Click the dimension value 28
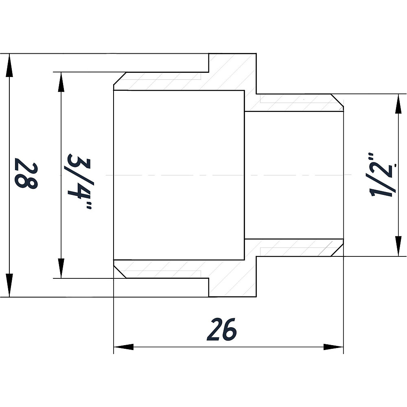coord(26,174)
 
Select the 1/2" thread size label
coord(383,175)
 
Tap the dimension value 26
coord(222,329)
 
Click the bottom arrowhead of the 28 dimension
coord(9,285)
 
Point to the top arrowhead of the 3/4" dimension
coord(61,82)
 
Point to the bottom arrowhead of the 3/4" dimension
coord(61,268)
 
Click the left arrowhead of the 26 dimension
coord(124,347)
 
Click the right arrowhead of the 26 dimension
coord(334,347)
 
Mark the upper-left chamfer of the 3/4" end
coord(120,79)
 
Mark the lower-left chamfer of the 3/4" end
coord(120,272)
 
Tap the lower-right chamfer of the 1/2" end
coord(337,250)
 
